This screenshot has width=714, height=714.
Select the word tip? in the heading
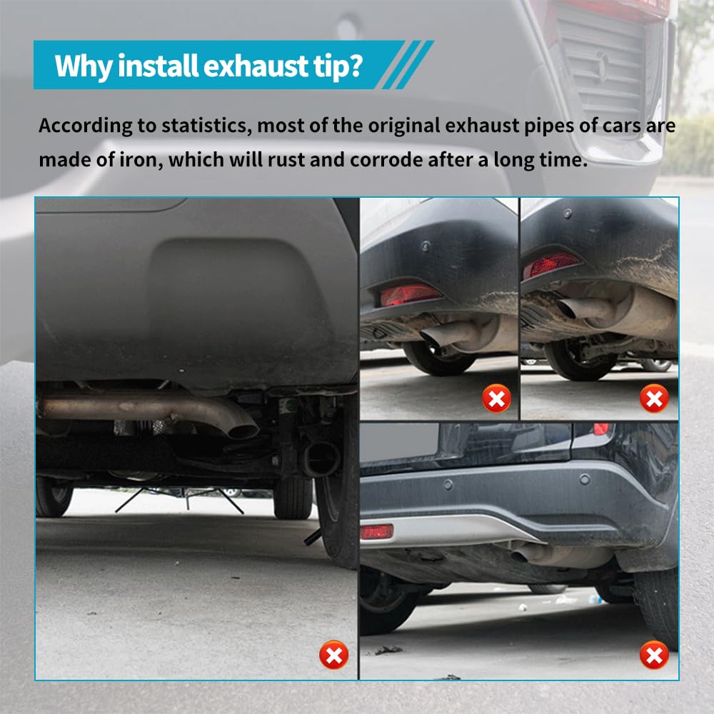tap(338, 65)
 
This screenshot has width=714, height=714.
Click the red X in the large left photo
tap(333, 654)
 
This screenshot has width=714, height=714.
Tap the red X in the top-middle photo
tap(496, 398)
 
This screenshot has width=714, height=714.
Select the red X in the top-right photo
tap(654, 398)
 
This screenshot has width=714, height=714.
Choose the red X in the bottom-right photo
tap(654, 654)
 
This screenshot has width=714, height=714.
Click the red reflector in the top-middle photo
tap(410, 294)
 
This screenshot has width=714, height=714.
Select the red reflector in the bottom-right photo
tap(376, 532)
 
